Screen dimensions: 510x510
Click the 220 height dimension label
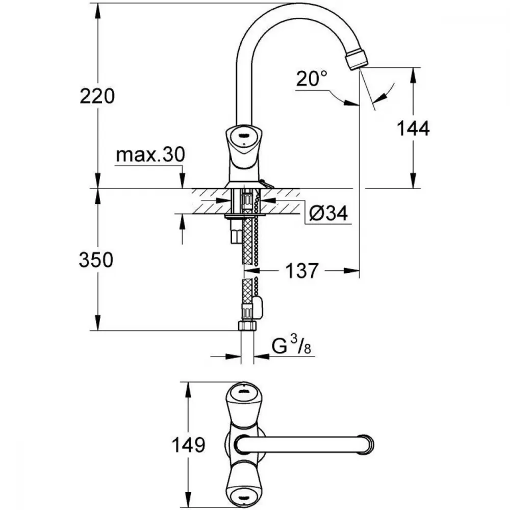[97, 96]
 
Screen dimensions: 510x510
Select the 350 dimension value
[96, 260]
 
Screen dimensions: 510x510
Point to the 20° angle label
[312, 79]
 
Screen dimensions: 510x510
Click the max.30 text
[150, 155]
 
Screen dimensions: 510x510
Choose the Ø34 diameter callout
[328, 214]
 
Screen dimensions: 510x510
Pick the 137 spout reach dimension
[301, 271]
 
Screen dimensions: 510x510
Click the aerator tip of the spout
[357, 58]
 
